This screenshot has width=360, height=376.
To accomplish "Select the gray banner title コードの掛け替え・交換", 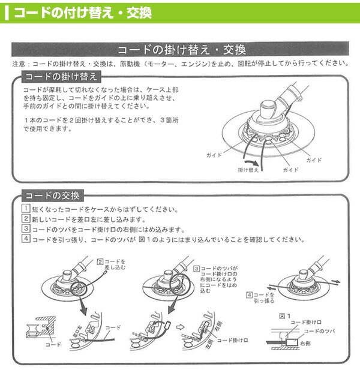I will pos(181,50).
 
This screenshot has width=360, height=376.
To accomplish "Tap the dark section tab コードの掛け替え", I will pos(58,77).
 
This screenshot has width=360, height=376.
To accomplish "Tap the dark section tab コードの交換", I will pos(53,195).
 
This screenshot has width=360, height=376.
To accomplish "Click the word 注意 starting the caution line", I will pos(19,64).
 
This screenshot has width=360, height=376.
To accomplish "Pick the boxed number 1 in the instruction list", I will pos(26,209).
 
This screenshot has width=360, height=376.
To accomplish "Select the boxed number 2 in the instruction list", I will pos(26,219).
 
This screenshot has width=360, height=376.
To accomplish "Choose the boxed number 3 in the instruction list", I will pos(26,229).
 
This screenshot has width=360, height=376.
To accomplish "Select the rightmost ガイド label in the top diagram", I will pos(314,161).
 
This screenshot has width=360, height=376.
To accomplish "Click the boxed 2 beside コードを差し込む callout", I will pos(101,261).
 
